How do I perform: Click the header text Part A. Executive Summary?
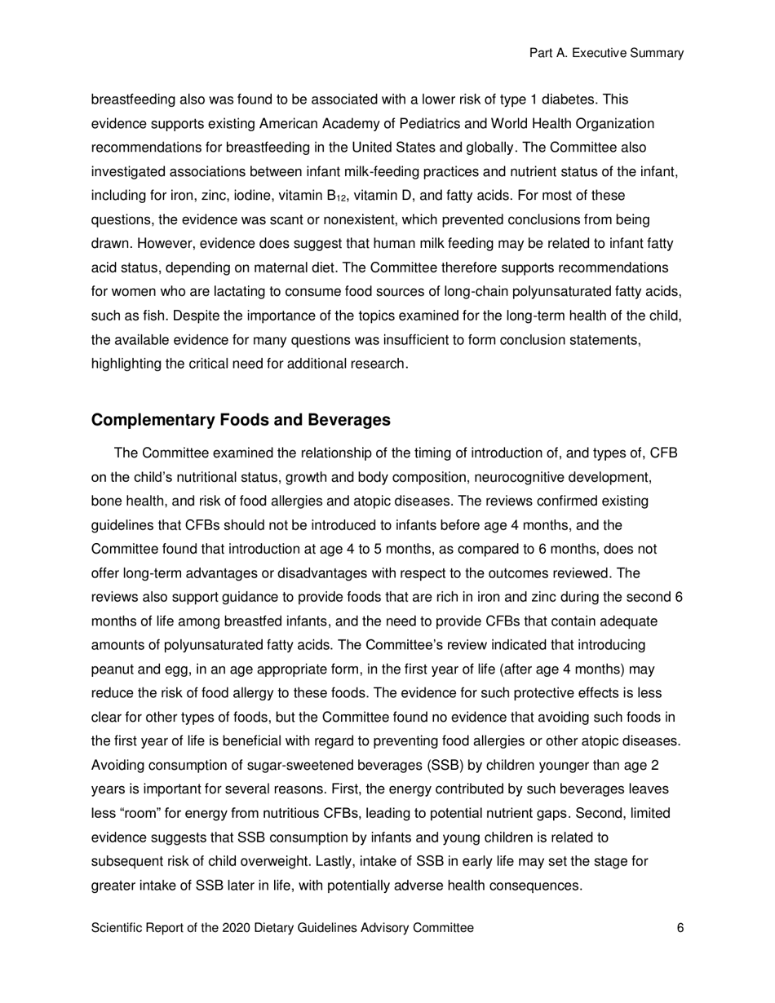[x=606, y=53]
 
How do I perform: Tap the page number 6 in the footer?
[x=680, y=927]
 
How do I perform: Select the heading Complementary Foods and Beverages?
[x=241, y=420]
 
